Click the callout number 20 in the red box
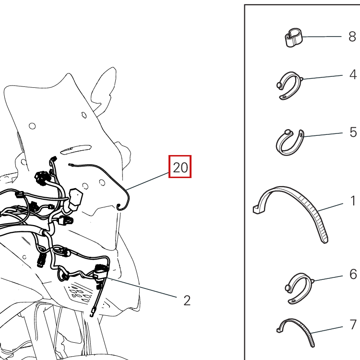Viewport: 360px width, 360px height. point(180,168)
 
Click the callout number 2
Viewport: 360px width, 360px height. point(187,300)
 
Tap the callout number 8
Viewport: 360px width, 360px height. point(352,36)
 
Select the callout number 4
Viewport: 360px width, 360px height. point(353,74)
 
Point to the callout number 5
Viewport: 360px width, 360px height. point(353,132)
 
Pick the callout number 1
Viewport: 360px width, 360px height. point(353,201)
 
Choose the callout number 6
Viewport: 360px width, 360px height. point(353,275)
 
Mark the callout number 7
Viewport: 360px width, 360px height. point(353,324)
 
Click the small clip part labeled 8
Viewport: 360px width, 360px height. point(293,38)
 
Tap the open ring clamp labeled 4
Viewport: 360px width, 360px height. point(289,85)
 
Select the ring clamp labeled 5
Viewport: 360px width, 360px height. point(290,143)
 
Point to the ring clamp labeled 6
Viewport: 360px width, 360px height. point(300,288)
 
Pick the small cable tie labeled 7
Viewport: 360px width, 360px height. point(296,333)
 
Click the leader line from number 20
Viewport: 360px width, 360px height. point(147,181)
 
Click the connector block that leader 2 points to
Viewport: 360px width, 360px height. point(101,272)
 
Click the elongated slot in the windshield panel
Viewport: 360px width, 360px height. point(75,149)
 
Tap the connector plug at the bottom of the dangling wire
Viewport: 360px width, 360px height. point(93,312)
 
